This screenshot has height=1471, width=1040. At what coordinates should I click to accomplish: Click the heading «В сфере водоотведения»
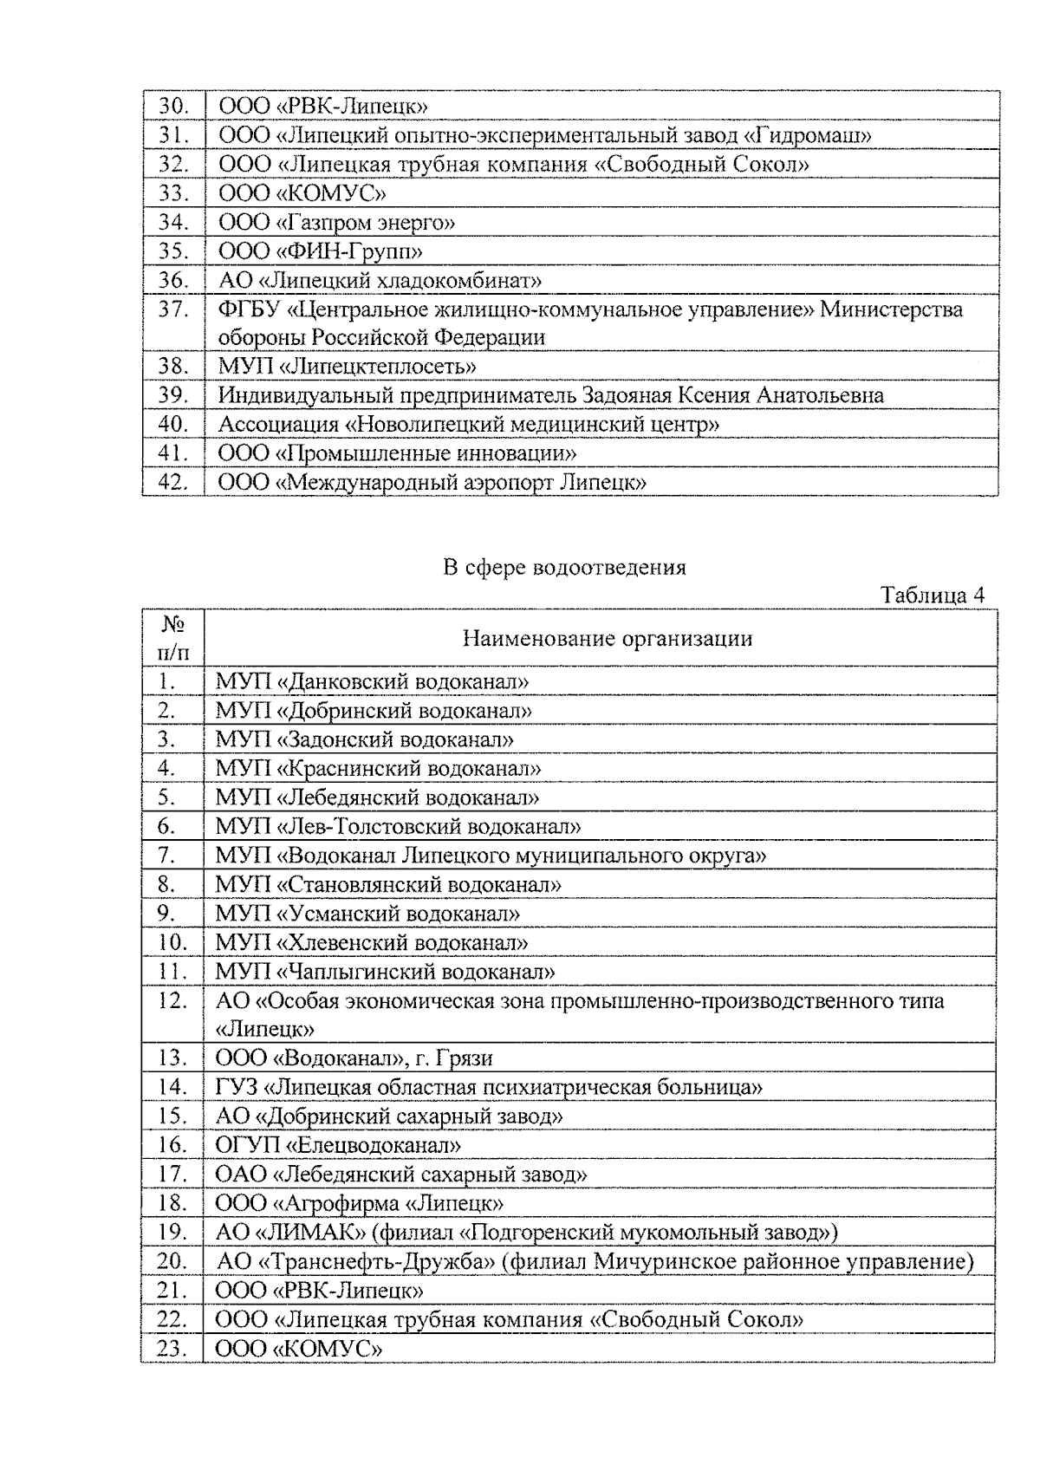pos(564,568)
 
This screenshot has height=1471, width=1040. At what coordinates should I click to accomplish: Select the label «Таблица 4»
pos(933,596)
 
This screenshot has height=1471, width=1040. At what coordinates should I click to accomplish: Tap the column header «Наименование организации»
pos(607,639)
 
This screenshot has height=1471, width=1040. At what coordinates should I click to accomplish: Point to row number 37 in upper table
pos(173,309)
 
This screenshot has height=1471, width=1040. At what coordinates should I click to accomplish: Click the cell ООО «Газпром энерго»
pos(337,223)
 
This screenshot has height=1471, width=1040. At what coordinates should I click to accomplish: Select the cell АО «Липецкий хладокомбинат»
pos(380,281)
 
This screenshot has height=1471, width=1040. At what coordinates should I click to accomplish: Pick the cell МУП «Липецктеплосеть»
pos(347,367)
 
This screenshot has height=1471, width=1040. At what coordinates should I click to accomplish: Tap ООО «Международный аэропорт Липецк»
pos(432,483)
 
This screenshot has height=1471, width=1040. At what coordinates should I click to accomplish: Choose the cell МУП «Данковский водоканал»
pos(372,681)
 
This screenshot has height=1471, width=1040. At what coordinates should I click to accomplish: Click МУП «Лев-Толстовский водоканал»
pos(398,826)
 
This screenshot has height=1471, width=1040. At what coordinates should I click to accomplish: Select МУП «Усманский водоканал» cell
pos(367,914)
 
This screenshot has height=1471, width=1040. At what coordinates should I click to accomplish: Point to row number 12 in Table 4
pos(172,1001)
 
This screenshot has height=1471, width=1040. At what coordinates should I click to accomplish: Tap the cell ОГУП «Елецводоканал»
pos(338,1145)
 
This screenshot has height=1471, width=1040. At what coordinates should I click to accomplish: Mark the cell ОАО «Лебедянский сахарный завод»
pos(401,1175)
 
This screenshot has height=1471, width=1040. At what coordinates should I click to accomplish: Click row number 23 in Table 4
pos(172,1349)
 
